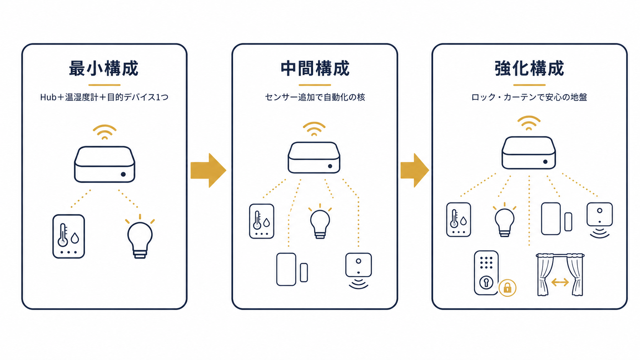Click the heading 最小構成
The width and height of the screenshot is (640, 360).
[x=104, y=68]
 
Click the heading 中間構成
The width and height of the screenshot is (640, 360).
[x=315, y=68]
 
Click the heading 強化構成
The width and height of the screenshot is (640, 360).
[x=529, y=68]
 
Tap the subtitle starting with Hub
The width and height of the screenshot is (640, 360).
[x=104, y=97]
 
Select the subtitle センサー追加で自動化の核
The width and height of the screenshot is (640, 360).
[x=315, y=97]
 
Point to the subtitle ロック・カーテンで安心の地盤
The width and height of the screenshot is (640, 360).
[x=529, y=97]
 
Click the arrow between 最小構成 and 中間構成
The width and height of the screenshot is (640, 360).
[x=208, y=171]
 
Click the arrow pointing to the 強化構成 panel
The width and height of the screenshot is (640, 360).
[x=415, y=171]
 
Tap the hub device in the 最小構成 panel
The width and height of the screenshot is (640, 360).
[x=104, y=165]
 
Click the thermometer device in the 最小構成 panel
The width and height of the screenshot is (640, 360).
[x=69, y=236]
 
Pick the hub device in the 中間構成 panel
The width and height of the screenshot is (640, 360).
[x=314, y=158]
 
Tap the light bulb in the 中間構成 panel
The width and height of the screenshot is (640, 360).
[x=320, y=222]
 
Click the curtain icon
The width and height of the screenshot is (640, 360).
[x=560, y=275]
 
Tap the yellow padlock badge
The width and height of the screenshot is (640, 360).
[x=508, y=288]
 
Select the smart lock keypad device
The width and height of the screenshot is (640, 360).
[x=486, y=273]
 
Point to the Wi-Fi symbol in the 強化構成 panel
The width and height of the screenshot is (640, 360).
[x=529, y=123]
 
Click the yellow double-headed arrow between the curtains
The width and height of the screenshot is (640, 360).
[x=560, y=282]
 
